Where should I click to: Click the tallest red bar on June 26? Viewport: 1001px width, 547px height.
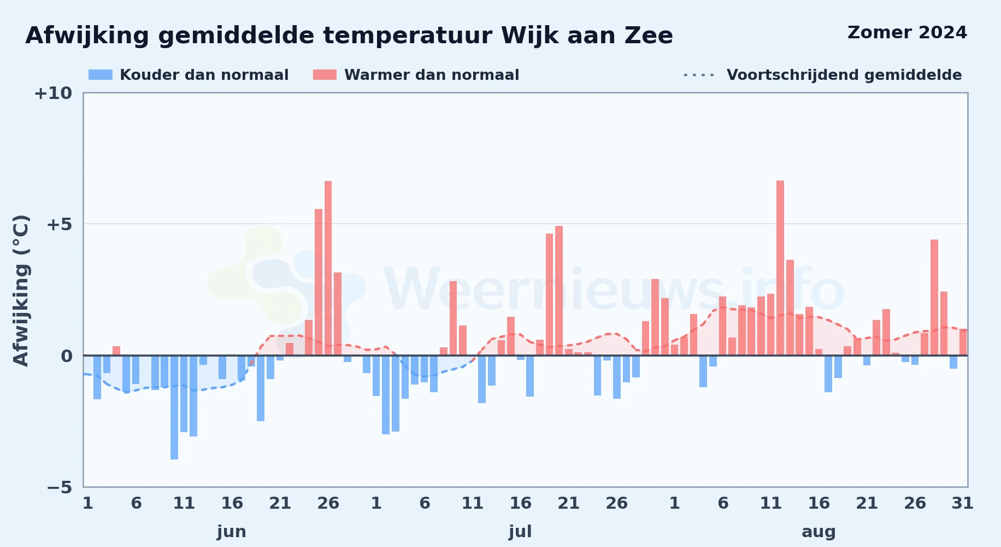[328, 268]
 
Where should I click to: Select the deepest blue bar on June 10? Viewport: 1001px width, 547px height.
[174, 408]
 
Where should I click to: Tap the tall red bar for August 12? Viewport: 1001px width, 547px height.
[780, 268]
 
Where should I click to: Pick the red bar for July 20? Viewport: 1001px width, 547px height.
[559, 290]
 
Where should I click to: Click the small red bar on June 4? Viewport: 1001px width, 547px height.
[116, 351]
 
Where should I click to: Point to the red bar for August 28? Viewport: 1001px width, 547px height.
[934, 298]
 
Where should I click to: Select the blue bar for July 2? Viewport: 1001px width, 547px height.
[386, 395]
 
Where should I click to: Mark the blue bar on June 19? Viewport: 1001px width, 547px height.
[261, 388]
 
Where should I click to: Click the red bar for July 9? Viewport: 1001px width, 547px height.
[453, 318]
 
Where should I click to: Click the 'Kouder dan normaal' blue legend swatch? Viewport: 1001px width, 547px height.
[101, 75]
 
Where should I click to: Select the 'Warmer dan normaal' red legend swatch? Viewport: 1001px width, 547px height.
[325, 75]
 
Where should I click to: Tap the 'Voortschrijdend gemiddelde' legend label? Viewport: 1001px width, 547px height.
[844, 75]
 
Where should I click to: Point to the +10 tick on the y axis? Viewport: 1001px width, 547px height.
[53, 93]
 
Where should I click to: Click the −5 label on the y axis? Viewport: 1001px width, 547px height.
[60, 487]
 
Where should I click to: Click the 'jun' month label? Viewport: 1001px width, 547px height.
[232, 532]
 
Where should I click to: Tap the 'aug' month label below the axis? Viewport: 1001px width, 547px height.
[819, 532]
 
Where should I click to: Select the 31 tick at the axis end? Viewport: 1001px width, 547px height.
[963, 503]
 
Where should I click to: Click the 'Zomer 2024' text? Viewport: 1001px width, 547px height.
[907, 33]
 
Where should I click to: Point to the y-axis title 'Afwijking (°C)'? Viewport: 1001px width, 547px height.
[21, 290]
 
